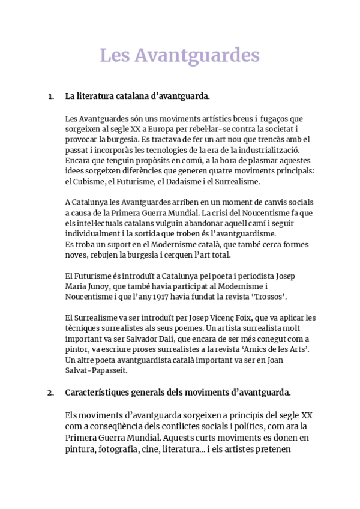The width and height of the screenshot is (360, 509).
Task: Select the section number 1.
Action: (50, 96)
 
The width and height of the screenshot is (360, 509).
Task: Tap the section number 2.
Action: (50, 393)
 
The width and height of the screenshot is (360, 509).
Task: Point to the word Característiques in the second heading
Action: (99, 393)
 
